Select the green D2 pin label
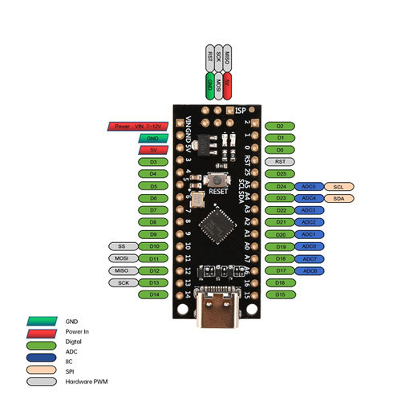(280, 126)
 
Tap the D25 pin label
(280, 173)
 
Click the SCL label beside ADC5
(338, 186)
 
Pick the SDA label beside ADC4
(338, 198)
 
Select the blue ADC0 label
(309, 246)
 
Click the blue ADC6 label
(309, 270)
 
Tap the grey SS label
(122, 246)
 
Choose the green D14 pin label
(152, 294)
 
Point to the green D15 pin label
(280, 294)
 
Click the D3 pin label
(152, 162)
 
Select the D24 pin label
(280, 186)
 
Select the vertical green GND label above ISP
(210, 83)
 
